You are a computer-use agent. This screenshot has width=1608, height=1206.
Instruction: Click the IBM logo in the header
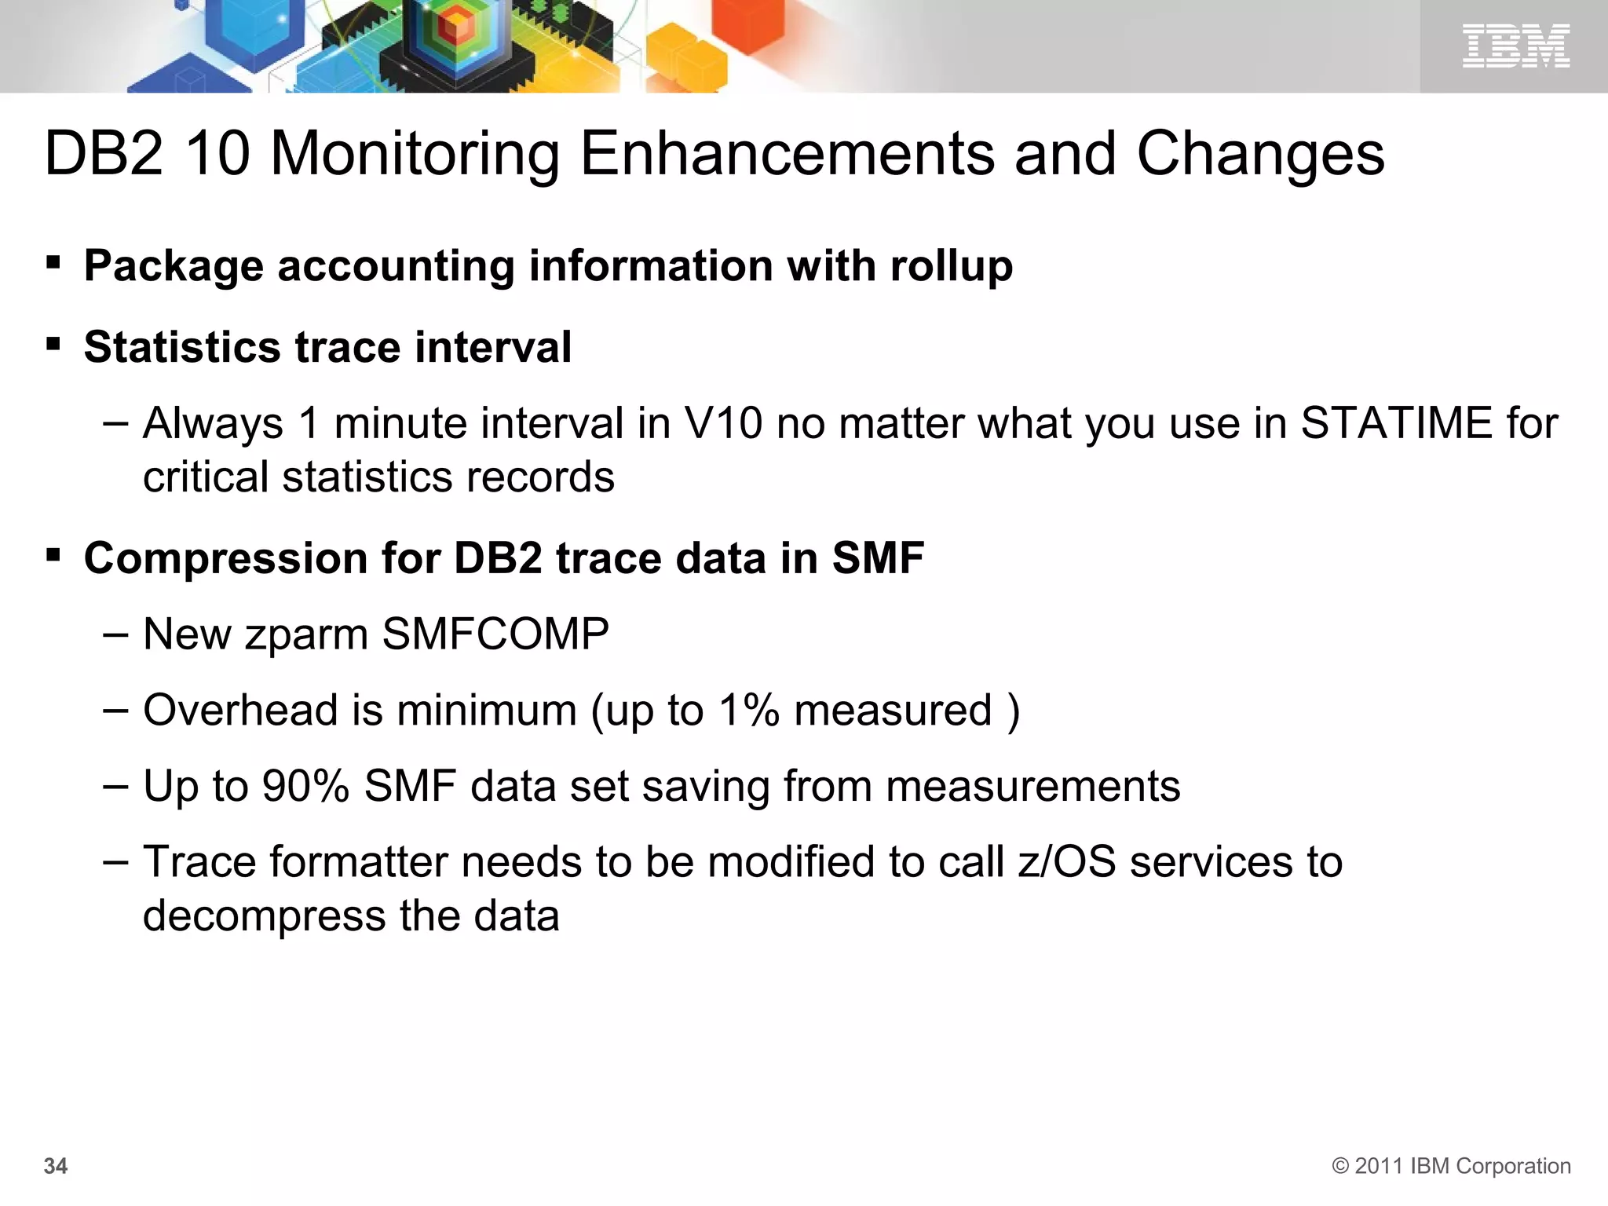[x=1515, y=46]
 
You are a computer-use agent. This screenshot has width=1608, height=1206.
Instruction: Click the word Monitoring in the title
[x=415, y=154]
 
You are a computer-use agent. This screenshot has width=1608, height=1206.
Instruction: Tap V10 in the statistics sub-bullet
[x=723, y=423]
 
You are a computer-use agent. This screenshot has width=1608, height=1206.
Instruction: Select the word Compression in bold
[x=225, y=558]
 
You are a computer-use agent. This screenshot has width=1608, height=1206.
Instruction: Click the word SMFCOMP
[x=495, y=634]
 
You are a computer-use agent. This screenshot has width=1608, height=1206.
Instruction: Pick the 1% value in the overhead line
[x=748, y=710]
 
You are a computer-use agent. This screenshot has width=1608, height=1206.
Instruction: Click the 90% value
[x=305, y=786]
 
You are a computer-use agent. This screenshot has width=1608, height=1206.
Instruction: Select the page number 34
[x=56, y=1166]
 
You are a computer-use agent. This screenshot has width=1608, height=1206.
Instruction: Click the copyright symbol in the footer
[x=1340, y=1166]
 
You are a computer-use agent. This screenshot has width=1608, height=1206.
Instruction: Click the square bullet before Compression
[x=53, y=557]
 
